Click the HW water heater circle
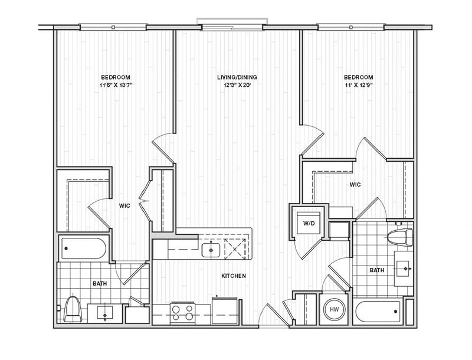click(x=334, y=309)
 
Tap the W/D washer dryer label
click(x=309, y=223)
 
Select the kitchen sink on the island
click(x=211, y=250)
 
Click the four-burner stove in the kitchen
click(x=182, y=313)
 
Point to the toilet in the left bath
click(x=73, y=309)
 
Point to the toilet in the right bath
click(x=401, y=237)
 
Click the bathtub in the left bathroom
click(x=84, y=248)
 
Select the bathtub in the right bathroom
click(x=378, y=312)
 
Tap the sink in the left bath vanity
click(x=105, y=314)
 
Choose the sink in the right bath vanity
click(x=404, y=268)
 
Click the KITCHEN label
click(x=234, y=276)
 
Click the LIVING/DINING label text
click(x=237, y=77)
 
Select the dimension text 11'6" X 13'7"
click(x=116, y=85)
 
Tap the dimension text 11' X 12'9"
click(x=359, y=85)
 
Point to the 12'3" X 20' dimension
click(x=237, y=85)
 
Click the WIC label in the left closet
click(x=124, y=205)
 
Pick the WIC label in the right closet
click(x=355, y=185)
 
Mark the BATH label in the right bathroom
click(x=377, y=270)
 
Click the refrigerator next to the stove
click(x=225, y=310)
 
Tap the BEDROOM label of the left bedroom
click(x=116, y=77)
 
